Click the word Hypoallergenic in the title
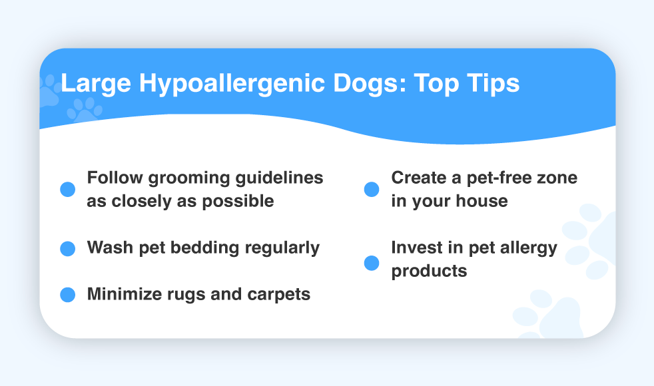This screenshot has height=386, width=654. [x=232, y=84]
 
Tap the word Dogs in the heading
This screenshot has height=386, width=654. [x=370, y=84]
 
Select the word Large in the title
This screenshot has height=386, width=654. [x=96, y=84]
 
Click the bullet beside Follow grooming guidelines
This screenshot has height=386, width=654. [x=67, y=189]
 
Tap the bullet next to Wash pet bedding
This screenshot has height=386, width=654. [x=67, y=249]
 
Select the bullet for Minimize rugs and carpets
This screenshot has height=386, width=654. [x=67, y=295]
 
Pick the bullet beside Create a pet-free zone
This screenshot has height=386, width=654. [x=372, y=189]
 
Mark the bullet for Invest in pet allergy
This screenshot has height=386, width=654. [x=372, y=263]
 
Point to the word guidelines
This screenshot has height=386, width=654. [x=280, y=178]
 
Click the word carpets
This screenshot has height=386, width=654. [x=278, y=295]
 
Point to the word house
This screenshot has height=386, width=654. [x=482, y=202]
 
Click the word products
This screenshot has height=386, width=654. [x=429, y=272]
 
